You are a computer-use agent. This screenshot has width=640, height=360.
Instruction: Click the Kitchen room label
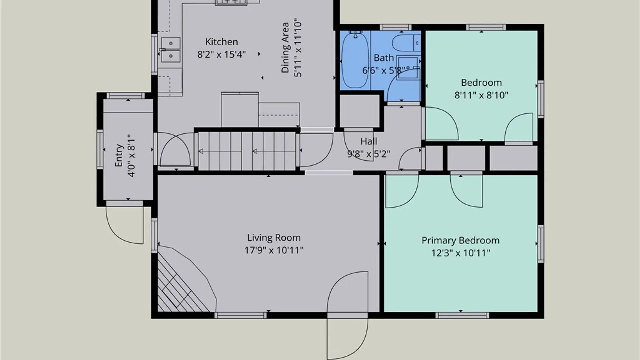(x=222, y=42)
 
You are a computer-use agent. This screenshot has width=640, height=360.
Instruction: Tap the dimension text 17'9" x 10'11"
(x=274, y=250)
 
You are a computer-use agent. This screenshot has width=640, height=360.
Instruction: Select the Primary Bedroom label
(x=460, y=240)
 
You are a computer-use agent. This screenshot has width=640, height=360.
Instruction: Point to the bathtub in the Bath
(x=355, y=60)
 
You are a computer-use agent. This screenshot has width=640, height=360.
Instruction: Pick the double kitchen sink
(x=171, y=50)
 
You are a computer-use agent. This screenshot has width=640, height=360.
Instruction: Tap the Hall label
(x=369, y=141)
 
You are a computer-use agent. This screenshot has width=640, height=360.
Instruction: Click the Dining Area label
(x=285, y=48)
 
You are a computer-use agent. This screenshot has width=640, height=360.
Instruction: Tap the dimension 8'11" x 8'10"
(x=481, y=95)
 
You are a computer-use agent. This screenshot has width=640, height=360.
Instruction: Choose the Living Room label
(x=274, y=238)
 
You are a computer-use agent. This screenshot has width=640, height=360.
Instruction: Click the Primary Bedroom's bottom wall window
(x=462, y=315)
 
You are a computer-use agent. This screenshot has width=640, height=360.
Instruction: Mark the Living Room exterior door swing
(x=347, y=315)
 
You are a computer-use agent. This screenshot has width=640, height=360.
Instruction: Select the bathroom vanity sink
(x=408, y=68)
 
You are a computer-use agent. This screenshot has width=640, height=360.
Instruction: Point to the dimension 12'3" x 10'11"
(x=461, y=253)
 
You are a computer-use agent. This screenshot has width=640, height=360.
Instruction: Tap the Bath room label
(x=384, y=58)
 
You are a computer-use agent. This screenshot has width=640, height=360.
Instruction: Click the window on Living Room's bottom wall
(x=241, y=315)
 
